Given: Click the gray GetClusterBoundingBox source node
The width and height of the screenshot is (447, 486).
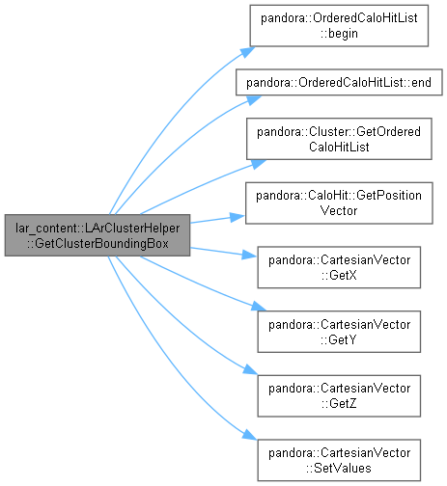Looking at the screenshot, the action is [98, 235].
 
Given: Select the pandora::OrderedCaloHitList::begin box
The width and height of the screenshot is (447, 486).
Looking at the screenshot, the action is [339, 26].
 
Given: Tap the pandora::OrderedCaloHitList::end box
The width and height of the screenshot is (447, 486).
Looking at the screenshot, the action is [339, 82].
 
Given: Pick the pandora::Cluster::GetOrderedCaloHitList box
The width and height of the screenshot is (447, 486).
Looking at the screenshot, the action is [339, 139].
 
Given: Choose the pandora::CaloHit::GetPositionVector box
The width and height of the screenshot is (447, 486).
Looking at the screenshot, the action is [339, 203].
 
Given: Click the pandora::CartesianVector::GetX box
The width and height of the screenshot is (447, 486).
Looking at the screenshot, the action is [339, 267].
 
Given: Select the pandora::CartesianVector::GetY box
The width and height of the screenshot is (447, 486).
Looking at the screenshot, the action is [339, 332].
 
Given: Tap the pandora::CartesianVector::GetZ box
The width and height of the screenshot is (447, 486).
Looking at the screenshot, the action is [339, 396].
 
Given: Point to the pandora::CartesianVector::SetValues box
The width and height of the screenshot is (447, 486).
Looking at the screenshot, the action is [339, 460].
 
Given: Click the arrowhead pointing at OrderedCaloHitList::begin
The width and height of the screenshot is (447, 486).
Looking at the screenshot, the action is [248, 51].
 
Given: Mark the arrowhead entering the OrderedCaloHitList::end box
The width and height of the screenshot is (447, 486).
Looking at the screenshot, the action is [254, 99].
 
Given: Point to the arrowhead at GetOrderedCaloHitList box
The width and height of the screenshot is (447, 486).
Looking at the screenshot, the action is [258, 163].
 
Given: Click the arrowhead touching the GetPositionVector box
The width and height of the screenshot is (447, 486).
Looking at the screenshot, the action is [237, 217].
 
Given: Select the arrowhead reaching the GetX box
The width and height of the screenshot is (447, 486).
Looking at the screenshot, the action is [249, 256].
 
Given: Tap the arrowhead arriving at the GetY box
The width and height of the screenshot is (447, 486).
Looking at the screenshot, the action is [258, 307].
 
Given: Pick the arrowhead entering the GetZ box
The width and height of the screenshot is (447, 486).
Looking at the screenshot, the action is [250, 370].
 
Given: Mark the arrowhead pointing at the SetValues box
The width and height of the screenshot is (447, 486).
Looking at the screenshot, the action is [249, 435].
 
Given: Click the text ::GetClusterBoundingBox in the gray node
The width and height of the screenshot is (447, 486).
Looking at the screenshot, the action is [98, 243].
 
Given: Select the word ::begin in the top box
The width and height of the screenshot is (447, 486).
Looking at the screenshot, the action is [339, 34].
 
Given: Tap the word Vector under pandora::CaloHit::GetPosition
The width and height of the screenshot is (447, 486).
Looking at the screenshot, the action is [339, 211].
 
